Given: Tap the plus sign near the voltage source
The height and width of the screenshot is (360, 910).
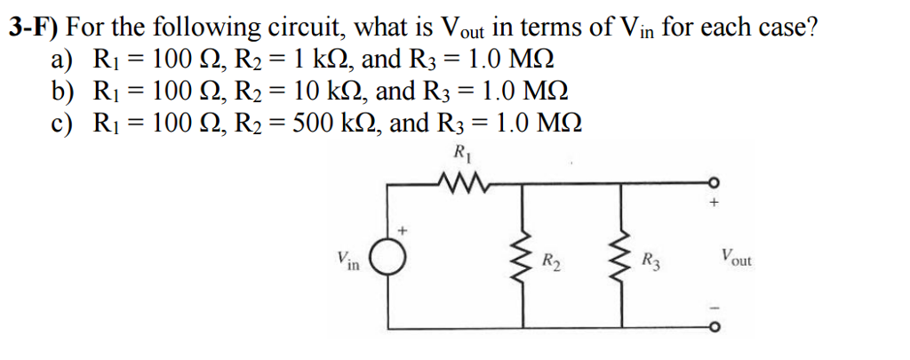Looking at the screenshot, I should [402, 230].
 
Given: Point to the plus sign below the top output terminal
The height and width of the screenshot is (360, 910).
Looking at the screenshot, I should [712, 203].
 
